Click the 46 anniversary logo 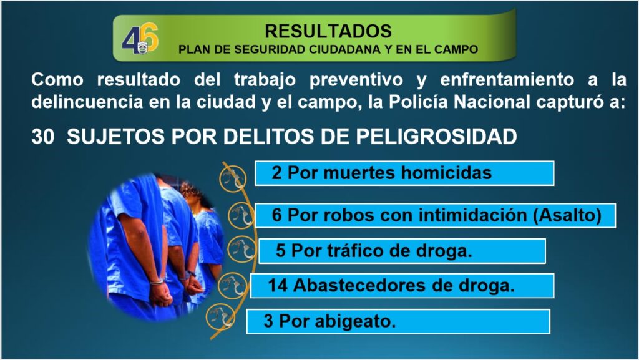click(140, 38)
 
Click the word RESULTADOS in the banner click(328, 31)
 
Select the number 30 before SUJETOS click(43, 137)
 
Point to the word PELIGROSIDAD click(436, 137)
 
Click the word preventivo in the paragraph click(356, 80)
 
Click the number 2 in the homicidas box click(276, 173)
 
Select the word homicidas click(447, 173)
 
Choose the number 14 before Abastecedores click(278, 286)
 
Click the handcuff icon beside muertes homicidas click(233, 178)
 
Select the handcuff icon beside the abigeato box click(220, 317)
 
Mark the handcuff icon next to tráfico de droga click(241, 249)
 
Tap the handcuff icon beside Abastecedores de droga click(232, 285)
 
